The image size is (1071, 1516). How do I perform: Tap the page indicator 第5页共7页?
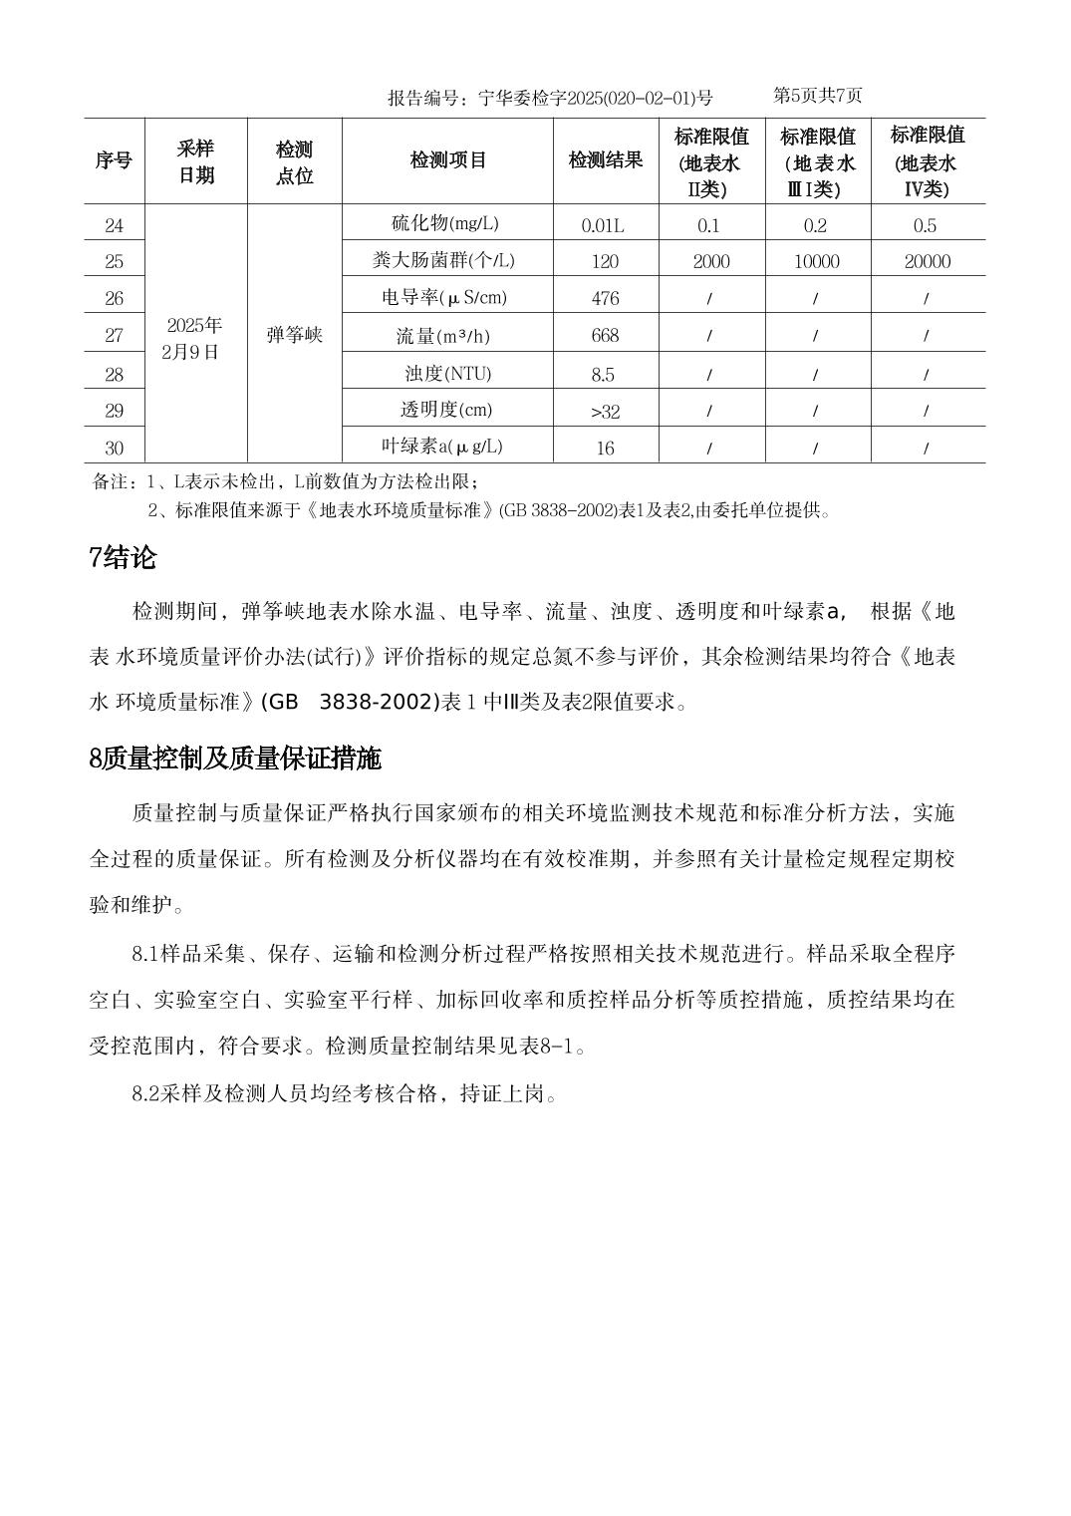point(818,96)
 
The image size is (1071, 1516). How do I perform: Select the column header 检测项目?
point(447,160)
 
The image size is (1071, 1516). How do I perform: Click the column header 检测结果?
point(606,160)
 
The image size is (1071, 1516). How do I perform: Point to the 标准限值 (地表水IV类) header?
point(928,161)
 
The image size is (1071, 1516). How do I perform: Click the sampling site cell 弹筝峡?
point(295,335)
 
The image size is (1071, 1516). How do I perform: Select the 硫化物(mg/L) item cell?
point(447,223)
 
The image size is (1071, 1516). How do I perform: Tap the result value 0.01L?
point(603,225)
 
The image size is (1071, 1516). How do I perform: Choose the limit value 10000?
point(817,261)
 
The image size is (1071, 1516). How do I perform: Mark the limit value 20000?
point(926,261)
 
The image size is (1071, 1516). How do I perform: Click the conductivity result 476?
point(605,298)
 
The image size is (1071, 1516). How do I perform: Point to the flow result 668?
point(605,336)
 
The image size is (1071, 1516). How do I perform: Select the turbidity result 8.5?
point(603,375)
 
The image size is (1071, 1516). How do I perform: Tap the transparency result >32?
point(605,411)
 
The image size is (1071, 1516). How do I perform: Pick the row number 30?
point(115,448)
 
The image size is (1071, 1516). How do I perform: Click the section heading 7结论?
point(123,558)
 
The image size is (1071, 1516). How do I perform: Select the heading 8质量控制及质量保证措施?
point(235,759)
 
